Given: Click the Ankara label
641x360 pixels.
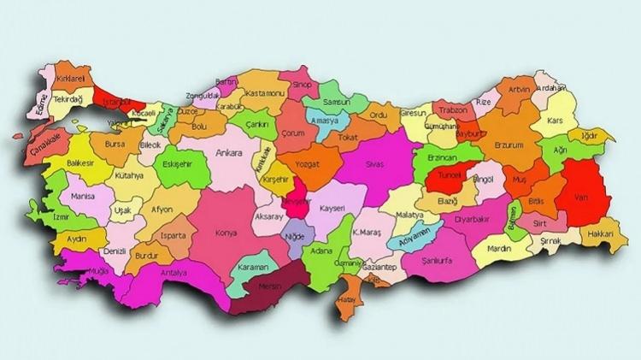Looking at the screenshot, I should pyautogui.click(x=229, y=153).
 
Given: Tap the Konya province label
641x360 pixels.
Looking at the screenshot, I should pyautogui.click(x=226, y=233).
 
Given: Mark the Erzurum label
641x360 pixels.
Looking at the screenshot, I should pyautogui.click(x=509, y=145).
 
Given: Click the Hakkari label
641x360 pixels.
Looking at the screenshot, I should pyautogui.click(x=600, y=233).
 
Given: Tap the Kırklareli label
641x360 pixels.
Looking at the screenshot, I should pyautogui.click(x=72, y=79).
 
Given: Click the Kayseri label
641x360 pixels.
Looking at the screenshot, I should pyautogui.click(x=326, y=208).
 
